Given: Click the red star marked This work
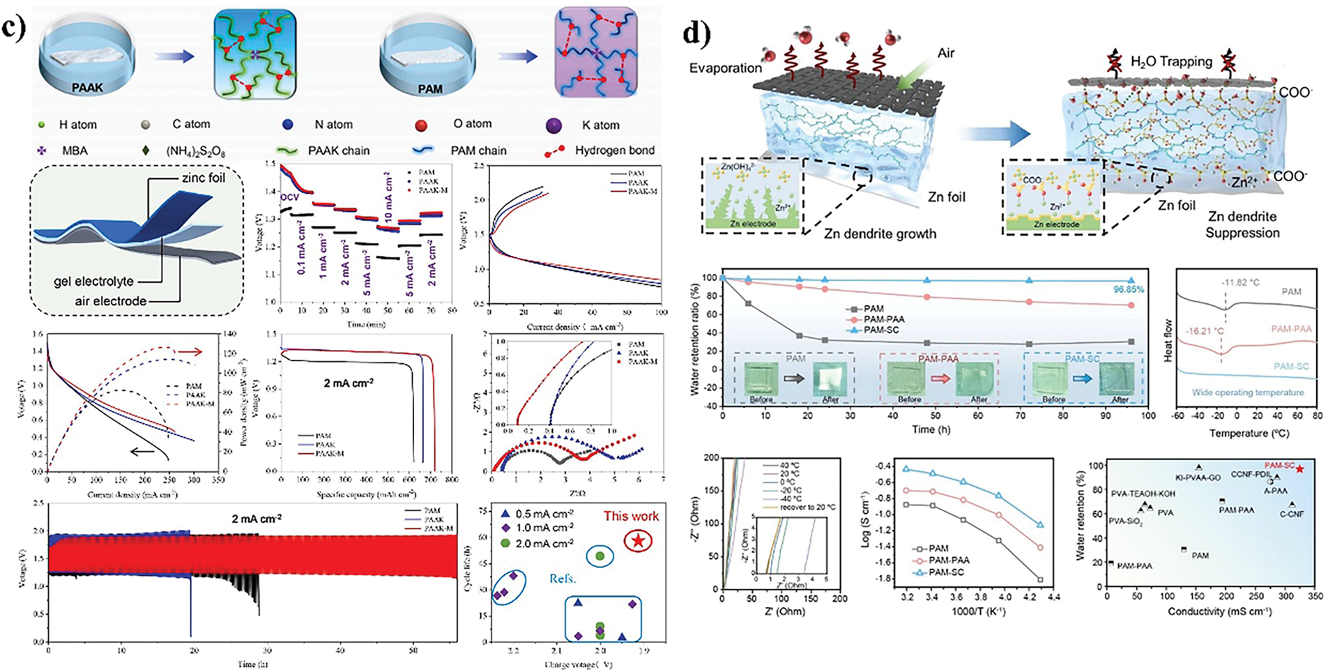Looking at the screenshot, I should pyautogui.click(x=638, y=540).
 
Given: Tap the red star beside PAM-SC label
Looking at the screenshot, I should pyautogui.click(x=1299, y=469).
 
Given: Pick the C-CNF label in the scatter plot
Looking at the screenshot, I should pyautogui.click(x=1292, y=514).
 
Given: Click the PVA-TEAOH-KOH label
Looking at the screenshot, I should pyautogui.click(x=1143, y=494).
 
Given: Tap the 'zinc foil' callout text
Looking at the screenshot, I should pyautogui.click(x=203, y=178).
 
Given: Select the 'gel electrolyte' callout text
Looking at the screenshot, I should pyautogui.click(x=93, y=282).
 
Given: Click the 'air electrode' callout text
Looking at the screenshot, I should pyautogui.click(x=111, y=301).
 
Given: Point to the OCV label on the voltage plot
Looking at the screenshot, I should pyautogui.click(x=289, y=197).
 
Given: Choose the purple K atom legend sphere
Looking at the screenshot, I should pyautogui.click(x=555, y=125).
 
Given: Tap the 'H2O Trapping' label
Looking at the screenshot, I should pyautogui.click(x=1171, y=61).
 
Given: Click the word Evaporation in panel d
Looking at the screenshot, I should pyautogui.click(x=726, y=68).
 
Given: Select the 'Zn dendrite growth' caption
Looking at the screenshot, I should pyautogui.click(x=880, y=234).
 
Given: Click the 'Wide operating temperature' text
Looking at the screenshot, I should pyautogui.click(x=1247, y=392).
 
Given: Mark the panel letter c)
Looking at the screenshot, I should pyautogui.click(x=15, y=27).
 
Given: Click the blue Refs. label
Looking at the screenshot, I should pyautogui.click(x=562, y=579).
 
